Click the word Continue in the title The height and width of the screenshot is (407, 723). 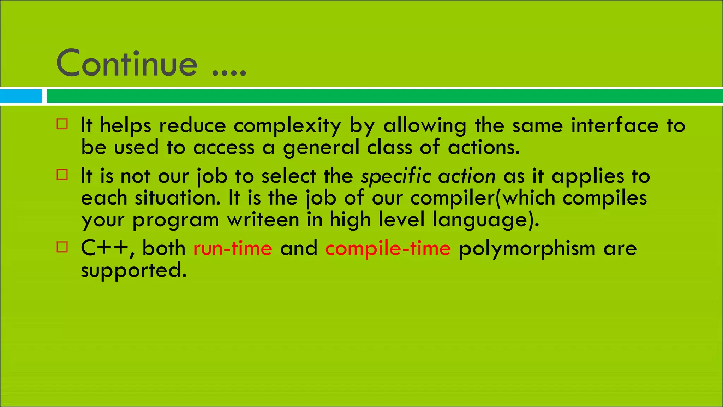tap(127, 64)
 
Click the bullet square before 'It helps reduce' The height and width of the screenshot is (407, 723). tap(62, 124)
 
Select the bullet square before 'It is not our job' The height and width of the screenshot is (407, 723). tap(62, 175)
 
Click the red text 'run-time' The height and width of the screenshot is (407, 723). tap(233, 248)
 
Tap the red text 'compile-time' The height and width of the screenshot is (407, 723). tap(388, 248)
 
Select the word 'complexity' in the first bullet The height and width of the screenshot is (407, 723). tap(287, 126)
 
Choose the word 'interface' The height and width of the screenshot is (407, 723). tap(615, 125)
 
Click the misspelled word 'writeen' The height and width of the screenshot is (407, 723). tap(263, 220)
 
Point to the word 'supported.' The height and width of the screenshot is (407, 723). tap(134, 271)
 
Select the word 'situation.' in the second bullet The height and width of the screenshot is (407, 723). tap(178, 198)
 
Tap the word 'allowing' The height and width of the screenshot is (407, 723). tap(425, 126)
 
